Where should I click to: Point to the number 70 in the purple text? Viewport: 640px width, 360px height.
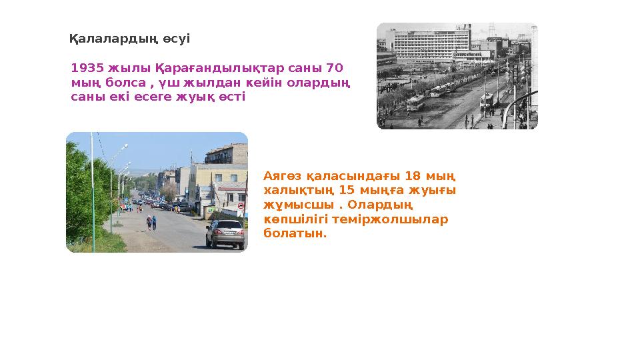tap(336, 68)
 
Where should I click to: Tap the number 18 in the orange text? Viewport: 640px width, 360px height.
tap(413, 176)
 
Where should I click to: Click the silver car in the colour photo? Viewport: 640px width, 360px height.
tap(225, 233)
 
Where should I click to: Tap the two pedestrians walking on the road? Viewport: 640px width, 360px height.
tap(151, 222)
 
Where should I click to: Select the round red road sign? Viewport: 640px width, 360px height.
tap(240, 207)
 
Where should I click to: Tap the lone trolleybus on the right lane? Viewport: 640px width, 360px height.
tap(487, 99)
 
